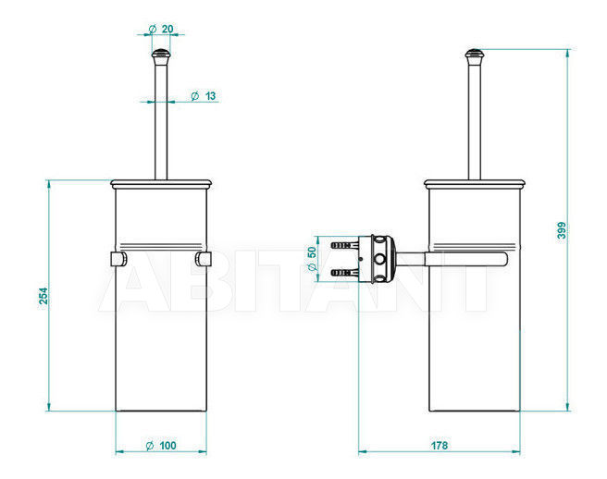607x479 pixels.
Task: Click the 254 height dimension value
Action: click(43, 296)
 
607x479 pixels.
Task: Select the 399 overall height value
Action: click(562, 230)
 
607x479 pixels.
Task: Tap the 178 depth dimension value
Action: click(440, 446)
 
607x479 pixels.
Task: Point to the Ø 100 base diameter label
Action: click(161, 446)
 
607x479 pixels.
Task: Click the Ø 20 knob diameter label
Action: click(161, 29)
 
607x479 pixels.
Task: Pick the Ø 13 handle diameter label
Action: click(204, 95)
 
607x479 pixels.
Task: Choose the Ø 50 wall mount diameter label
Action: click(312, 259)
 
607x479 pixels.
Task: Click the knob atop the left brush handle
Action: click(161, 56)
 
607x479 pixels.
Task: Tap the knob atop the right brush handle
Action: click(475, 56)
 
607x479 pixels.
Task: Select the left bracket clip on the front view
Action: click(118, 259)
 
